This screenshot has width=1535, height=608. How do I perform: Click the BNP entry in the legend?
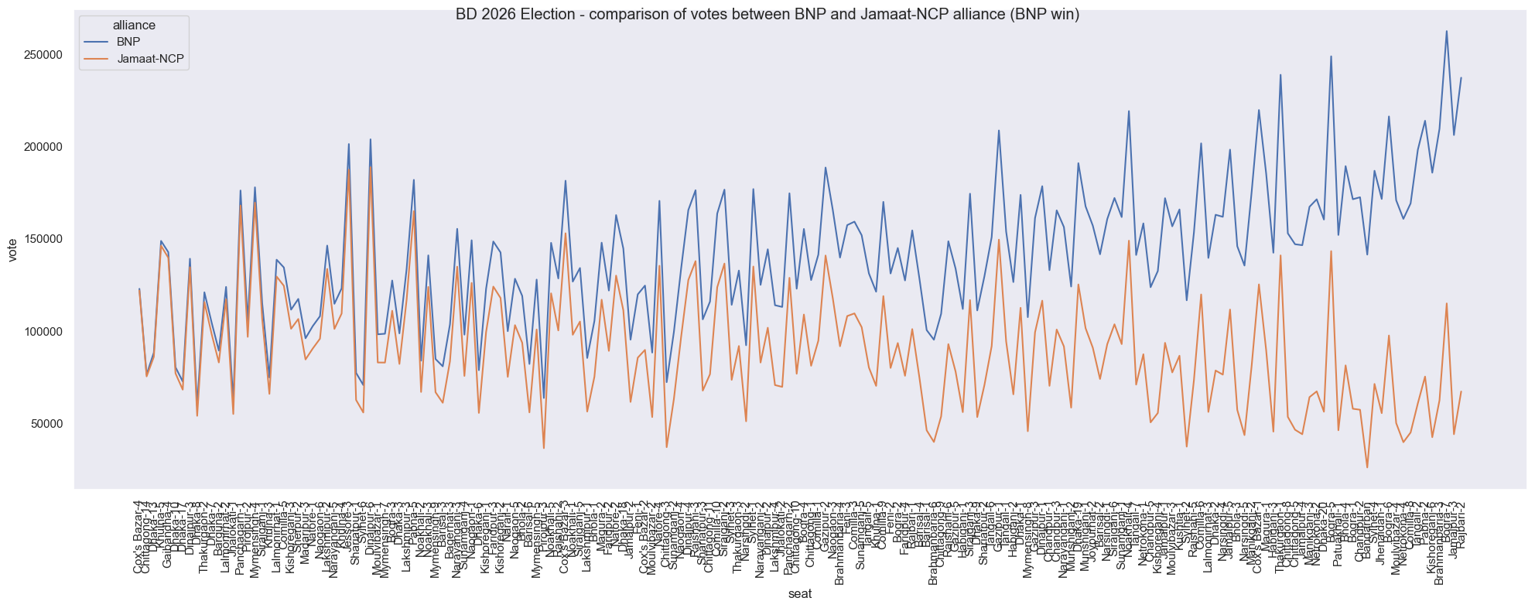pos(128,42)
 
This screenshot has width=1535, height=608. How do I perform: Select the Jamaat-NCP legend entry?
pos(150,59)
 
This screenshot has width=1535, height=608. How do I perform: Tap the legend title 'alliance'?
pos(134,26)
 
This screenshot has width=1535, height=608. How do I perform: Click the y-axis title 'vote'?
pos(12,251)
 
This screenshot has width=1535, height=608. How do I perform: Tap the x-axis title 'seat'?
pos(800,594)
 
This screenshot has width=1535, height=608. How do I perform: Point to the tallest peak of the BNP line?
pos(1447,31)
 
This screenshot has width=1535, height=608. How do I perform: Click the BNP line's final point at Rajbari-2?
pos(1461,77)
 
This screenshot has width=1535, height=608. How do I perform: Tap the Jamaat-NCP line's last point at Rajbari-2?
pos(1461,391)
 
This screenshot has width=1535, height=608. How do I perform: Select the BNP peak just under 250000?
pos(1331,56)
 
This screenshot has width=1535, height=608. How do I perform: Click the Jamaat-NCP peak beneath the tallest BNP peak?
pos(1447,303)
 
